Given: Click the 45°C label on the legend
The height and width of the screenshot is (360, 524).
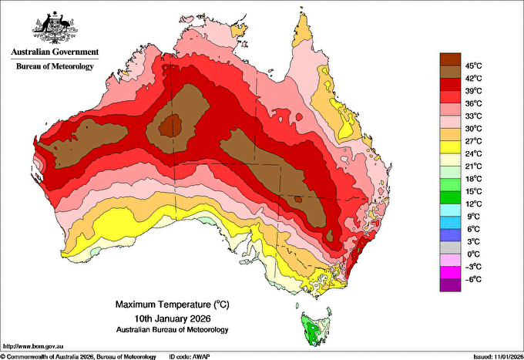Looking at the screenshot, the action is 474,66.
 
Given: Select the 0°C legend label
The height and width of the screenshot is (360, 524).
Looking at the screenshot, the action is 474,254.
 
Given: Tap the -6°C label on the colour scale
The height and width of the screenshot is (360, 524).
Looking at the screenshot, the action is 473,279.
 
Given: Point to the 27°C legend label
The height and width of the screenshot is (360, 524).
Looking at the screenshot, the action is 474,141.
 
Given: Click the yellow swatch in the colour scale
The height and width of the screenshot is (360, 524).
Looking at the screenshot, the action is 450,147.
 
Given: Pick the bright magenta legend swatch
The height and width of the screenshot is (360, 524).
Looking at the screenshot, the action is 450,273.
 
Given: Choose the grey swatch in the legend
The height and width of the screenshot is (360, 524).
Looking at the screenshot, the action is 450,247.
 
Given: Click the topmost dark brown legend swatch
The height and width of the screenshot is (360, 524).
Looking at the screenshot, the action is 450,59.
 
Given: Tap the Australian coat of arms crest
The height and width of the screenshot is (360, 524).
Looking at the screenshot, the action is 55,28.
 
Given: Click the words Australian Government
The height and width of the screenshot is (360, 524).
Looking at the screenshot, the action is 55,52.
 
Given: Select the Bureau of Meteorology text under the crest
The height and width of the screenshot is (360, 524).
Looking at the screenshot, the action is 55,66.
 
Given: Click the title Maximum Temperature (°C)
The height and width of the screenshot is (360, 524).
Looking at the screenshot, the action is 173,304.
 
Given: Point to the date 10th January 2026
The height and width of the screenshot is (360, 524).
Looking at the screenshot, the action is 173,318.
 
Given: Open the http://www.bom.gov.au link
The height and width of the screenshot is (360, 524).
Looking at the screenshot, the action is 33,346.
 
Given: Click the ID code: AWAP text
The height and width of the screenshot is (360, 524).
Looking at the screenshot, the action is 190,357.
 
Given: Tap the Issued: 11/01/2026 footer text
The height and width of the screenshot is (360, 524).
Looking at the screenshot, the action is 499,357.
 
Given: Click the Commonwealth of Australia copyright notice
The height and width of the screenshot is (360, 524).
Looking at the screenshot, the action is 79,357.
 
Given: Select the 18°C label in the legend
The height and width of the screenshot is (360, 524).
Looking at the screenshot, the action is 474,179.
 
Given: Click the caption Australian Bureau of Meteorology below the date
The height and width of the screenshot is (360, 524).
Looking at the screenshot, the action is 173,330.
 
